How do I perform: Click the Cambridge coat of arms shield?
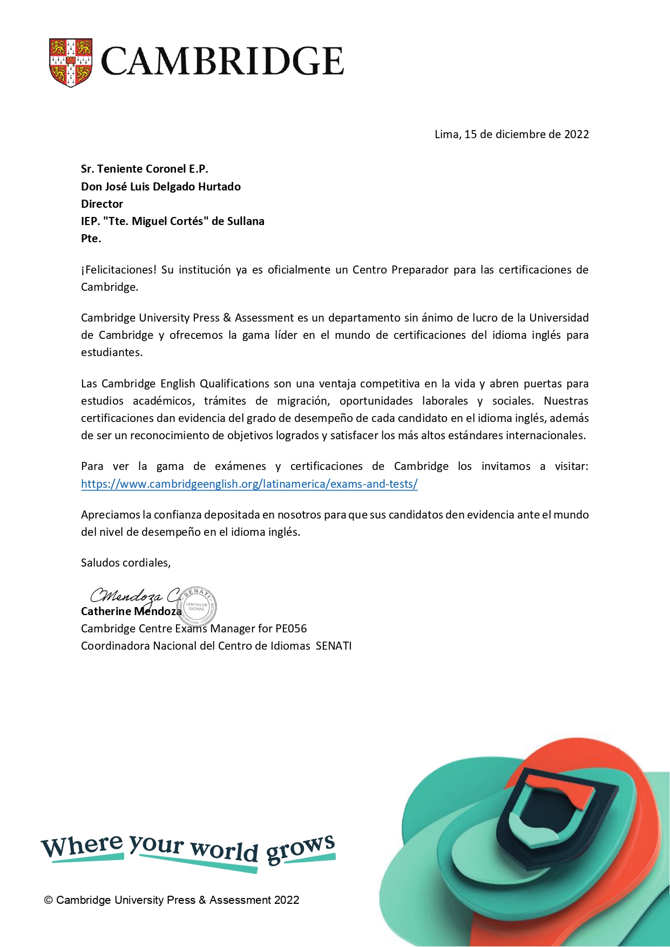click(x=71, y=62)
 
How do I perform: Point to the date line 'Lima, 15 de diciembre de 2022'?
click(x=511, y=134)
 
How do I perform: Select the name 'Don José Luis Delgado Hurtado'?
click(x=161, y=187)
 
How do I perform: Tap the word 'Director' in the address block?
click(x=102, y=204)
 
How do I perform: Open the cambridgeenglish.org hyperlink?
click(x=249, y=484)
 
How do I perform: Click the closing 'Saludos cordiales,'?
click(x=126, y=563)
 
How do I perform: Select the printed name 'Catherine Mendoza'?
click(x=131, y=611)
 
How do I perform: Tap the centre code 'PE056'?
click(x=291, y=629)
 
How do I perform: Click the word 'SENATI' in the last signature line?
click(x=333, y=646)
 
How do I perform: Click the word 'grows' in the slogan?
click(x=300, y=849)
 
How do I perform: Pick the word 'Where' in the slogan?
click(x=82, y=846)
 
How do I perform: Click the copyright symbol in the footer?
click(x=49, y=900)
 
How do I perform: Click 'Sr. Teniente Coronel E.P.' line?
click(x=144, y=169)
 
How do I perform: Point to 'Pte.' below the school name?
click(x=91, y=239)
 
